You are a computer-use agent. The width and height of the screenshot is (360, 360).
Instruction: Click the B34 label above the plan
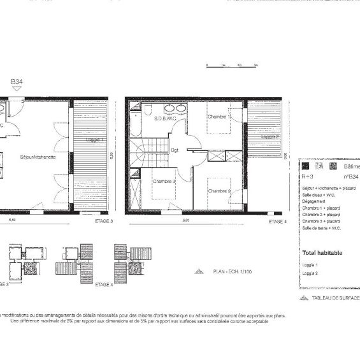coord(17,82)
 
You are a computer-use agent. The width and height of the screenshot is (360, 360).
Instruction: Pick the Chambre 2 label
coord(219,191)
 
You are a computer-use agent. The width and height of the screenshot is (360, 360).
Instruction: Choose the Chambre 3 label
coord(164,181)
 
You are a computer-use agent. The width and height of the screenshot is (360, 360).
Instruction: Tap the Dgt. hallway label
coord(175,150)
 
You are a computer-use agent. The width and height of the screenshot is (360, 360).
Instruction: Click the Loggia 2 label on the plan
coord(270,136)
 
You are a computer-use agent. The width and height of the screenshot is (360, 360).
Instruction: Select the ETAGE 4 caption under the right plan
coord(277,221)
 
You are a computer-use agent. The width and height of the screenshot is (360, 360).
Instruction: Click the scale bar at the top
coord(231,65)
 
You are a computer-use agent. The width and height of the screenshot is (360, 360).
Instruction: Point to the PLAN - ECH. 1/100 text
coord(230,271)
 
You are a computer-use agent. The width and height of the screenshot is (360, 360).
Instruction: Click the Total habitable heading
coord(322,252)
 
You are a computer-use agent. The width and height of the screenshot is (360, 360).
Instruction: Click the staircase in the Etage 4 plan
coord(147,153)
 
